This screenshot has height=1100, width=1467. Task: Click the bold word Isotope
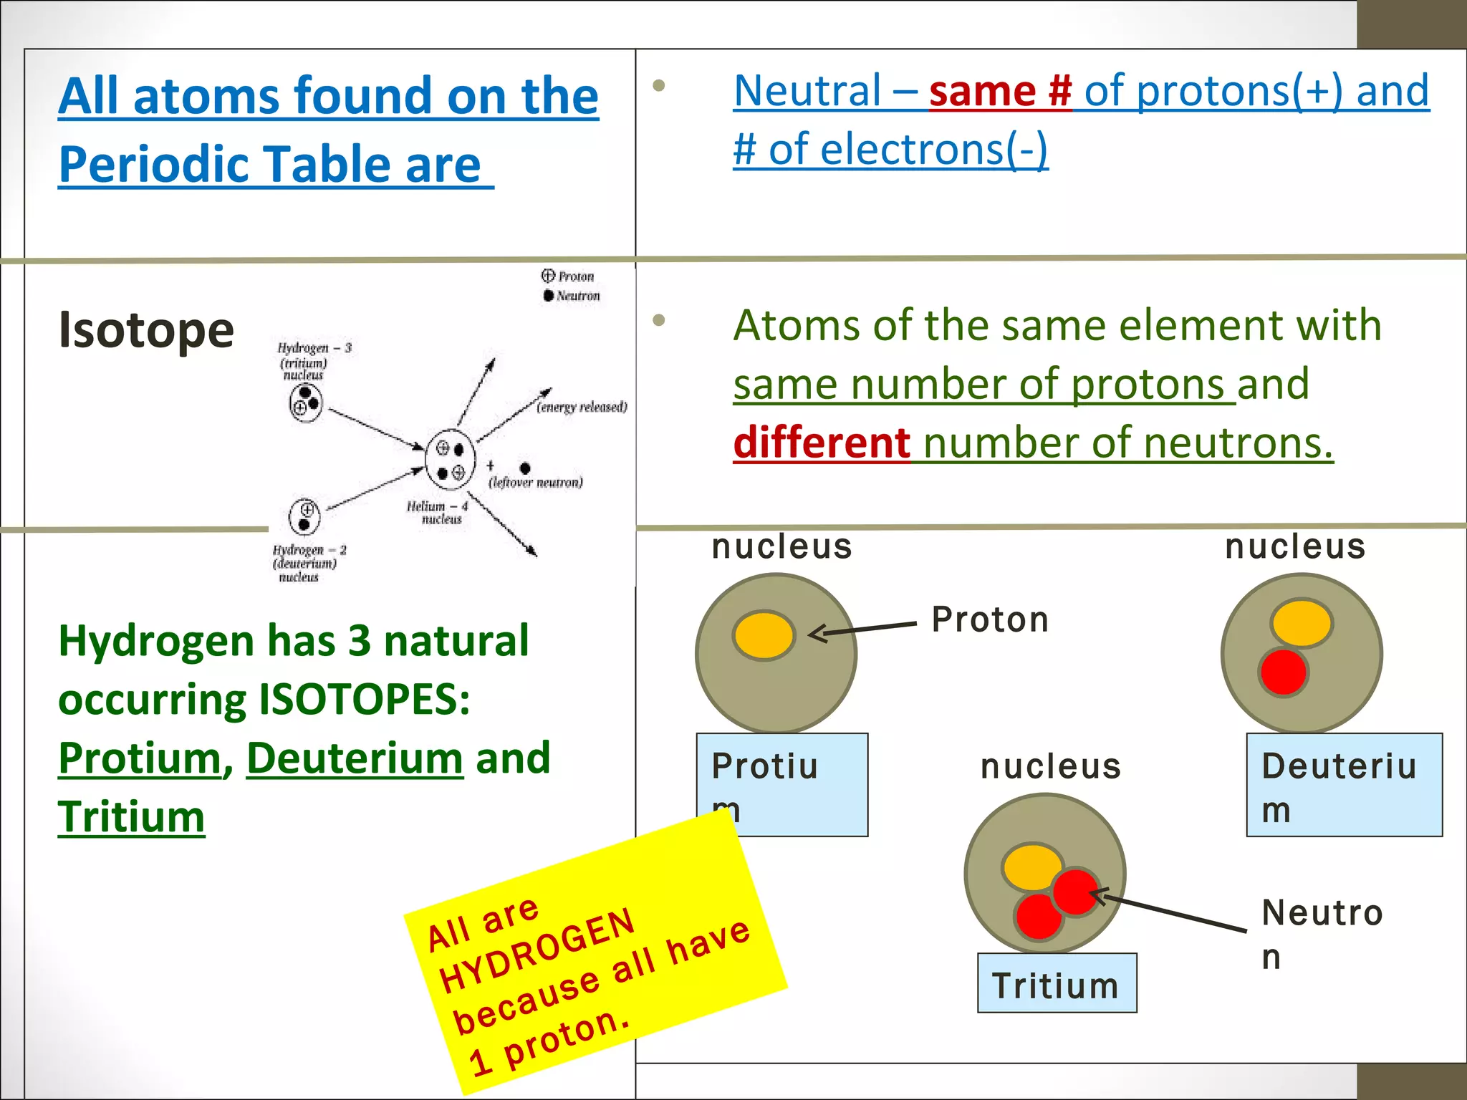point(146,330)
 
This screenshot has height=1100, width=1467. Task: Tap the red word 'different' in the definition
point(822,443)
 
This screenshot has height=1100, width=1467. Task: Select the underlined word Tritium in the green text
point(131,816)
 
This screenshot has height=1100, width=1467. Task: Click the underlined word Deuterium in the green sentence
point(355,758)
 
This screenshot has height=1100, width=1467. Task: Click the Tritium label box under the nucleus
point(1057,983)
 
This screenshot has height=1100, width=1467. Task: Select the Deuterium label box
point(1344,784)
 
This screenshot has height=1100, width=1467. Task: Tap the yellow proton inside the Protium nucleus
point(764,635)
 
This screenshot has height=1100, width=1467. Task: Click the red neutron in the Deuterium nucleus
point(1283,672)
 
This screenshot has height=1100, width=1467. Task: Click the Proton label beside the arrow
point(990,619)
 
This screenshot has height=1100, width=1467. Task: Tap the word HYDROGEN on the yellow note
point(537,951)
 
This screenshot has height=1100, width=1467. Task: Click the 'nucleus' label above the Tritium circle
point(1050,767)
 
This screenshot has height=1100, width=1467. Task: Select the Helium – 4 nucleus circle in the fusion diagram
point(450,459)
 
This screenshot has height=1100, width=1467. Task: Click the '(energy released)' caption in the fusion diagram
point(582,407)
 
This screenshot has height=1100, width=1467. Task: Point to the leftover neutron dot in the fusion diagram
point(525,468)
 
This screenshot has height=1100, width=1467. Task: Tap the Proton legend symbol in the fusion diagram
point(548,276)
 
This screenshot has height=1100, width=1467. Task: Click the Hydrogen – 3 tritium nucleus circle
point(306,402)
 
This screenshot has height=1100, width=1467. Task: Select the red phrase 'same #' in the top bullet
point(1000,91)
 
